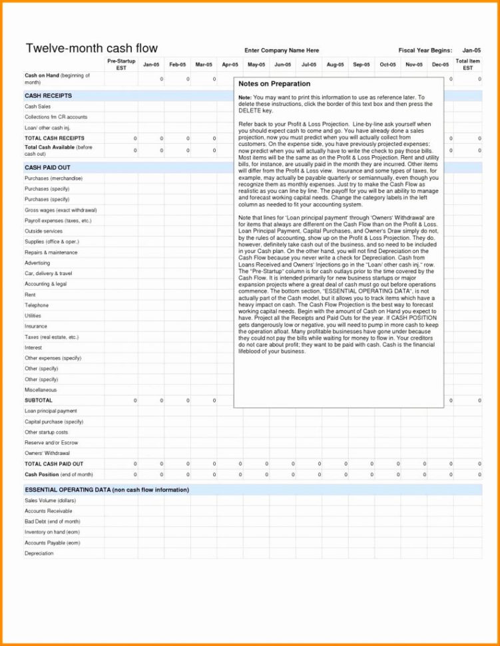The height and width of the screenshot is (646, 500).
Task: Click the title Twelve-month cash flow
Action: [91, 48]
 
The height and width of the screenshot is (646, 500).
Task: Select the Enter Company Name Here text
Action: [282, 51]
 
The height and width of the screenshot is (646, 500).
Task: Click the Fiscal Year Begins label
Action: [425, 51]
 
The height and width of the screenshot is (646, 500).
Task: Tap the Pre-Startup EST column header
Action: [121, 65]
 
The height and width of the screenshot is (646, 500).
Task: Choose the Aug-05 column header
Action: [335, 65]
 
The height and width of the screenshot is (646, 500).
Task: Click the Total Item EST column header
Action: [468, 65]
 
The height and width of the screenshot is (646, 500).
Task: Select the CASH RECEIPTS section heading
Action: [48, 96]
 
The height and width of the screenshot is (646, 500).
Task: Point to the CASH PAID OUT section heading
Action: [47, 168]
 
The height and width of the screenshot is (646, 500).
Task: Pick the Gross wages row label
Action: [61, 210]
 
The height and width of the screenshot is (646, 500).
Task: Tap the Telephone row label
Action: [37, 305]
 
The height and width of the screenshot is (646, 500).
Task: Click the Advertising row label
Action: [37, 263]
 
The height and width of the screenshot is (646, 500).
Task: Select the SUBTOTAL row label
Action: [38, 400]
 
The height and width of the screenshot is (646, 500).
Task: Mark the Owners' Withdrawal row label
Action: [47, 453]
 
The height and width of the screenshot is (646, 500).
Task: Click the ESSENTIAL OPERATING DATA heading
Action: [107, 489]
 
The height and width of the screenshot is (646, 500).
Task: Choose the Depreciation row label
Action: [39, 553]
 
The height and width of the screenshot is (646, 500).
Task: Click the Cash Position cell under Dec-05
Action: [440, 475]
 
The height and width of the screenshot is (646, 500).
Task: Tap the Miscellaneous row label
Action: [41, 390]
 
